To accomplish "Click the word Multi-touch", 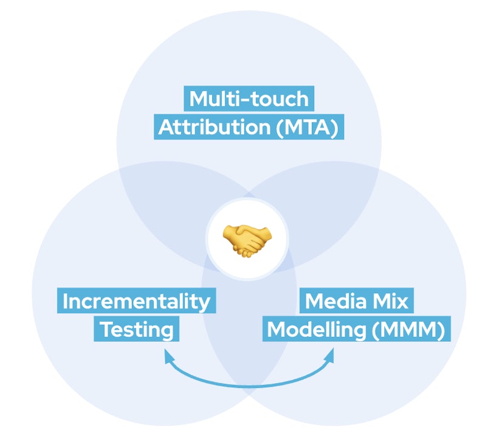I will pos(249,98).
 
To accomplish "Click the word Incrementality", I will pos(136,301).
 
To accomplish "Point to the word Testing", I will pos(136,330).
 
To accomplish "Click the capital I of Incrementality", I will pos(66,301).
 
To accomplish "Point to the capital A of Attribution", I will pos(166,128).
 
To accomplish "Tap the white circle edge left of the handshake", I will pos(207,238).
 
